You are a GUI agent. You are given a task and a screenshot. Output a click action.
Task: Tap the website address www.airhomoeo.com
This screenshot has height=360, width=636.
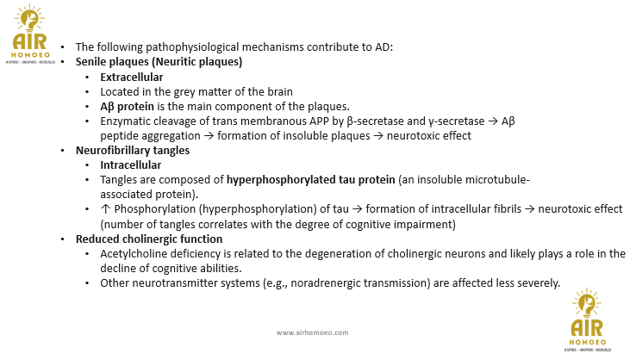tap(312, 332)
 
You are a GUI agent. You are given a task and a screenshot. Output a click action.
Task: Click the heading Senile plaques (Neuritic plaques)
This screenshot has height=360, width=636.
tap(159, 62)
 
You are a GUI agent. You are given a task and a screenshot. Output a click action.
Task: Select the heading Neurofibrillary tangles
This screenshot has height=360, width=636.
tap(133, 150)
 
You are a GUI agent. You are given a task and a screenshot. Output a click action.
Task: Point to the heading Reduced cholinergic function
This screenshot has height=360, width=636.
tap(149, 239)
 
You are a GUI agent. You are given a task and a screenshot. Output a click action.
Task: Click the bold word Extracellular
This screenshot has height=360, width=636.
tap(132, 77)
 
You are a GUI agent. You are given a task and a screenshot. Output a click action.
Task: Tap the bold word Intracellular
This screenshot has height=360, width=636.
tap(130, 164)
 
